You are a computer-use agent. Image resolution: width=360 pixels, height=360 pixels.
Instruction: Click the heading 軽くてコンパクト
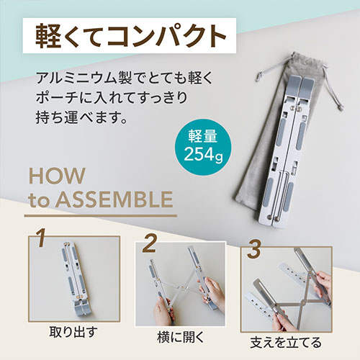point(131,36)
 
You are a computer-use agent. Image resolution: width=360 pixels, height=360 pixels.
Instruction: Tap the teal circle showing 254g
point(203,147)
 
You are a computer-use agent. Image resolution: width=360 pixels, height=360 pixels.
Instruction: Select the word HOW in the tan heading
point(57,176)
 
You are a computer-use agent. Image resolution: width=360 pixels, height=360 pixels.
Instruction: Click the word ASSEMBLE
point(114,199)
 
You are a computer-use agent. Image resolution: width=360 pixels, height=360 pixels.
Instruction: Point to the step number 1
point(42,238)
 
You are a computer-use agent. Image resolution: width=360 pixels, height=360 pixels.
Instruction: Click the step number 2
point(150,243)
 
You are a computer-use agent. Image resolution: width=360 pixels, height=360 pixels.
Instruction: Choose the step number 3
point(254,250)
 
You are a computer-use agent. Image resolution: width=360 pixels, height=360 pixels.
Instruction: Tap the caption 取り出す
point(73,333)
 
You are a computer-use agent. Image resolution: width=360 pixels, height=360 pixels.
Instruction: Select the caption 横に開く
point(181,337)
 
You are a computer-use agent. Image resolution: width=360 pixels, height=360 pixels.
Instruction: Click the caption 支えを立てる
point(286,343)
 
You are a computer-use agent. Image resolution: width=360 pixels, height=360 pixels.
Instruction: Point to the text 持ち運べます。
point(81,117)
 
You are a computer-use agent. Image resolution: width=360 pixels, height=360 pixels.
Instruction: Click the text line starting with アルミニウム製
point(125,78)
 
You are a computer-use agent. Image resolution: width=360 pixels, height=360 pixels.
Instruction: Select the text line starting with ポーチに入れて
point(112,98)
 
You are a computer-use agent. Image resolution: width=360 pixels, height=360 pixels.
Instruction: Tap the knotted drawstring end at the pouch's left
point(259,76)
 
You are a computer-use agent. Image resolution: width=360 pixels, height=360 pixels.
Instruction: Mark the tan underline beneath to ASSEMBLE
point(101,216)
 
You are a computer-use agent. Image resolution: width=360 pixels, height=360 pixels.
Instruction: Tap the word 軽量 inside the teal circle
point(203,136)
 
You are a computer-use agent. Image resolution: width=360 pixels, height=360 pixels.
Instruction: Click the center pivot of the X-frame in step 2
point(183,287)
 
